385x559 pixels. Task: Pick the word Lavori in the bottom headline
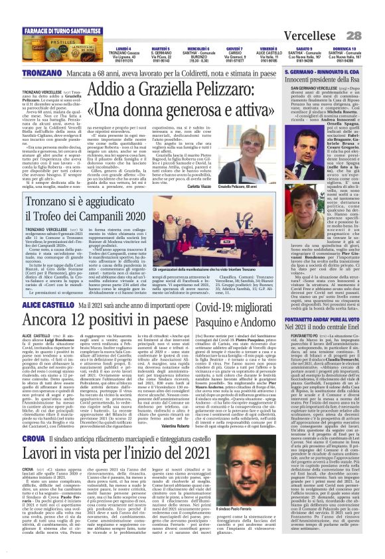pos(48,453)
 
